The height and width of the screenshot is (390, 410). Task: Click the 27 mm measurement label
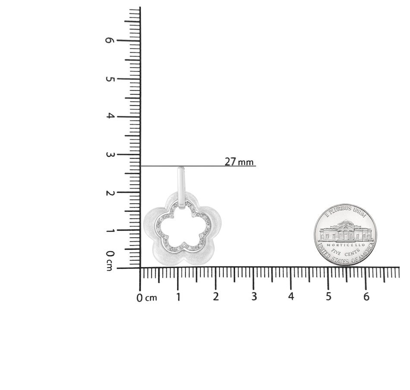tap(239, 162)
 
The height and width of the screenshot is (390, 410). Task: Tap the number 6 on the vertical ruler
tap(109, 40)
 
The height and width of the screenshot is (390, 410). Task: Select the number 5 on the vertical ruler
tap(110, 79)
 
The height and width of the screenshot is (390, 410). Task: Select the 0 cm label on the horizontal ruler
tap(147, 298)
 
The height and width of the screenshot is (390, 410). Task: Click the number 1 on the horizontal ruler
tap(178, 297)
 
